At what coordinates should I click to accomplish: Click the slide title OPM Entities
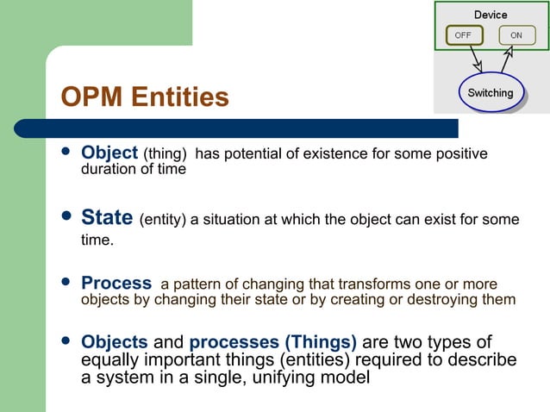[145, 97]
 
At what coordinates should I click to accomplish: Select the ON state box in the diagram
[516, 36]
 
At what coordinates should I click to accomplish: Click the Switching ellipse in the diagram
[490, 92]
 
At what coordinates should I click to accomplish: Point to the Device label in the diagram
[491, 15]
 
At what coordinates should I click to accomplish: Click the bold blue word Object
[109, 153]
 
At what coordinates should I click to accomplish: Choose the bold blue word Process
[116, 284]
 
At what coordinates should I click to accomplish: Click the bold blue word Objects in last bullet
[115, 341]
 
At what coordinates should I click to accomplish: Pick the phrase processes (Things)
[272, 341]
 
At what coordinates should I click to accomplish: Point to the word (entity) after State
[162, 220]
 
